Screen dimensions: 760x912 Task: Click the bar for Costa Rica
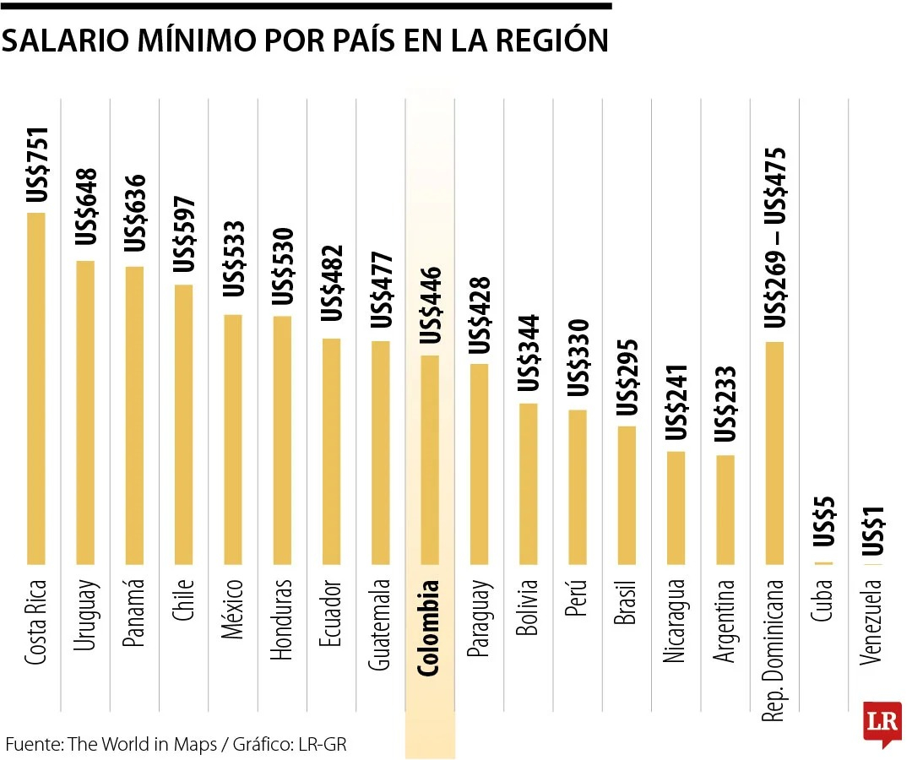pos(35,388)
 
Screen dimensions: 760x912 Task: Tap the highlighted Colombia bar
pos(430,459)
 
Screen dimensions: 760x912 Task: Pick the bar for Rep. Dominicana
pos(774,453)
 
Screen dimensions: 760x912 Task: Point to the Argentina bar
pos(725,509)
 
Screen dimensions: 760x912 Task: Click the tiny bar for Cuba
pos(823,563)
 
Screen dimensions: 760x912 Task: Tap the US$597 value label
pos(185,234)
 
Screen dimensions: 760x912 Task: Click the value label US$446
pos(431,305)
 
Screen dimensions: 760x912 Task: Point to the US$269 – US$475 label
pos(774,237)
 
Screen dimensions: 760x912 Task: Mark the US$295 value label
pos(627,377)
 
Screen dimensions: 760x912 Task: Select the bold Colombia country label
pos(430,627)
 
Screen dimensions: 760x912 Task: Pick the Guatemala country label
pos(381,624)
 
